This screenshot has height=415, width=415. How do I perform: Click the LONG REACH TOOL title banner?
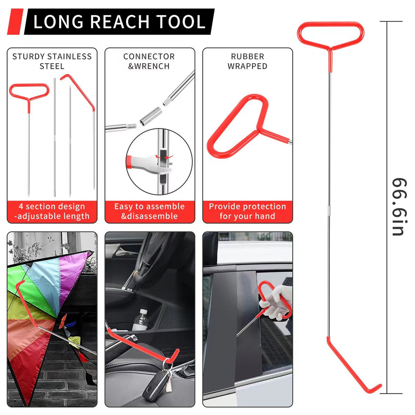pos(119,22)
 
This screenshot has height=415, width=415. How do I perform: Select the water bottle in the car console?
pos(141,320)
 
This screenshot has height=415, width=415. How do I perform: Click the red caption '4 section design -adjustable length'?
pos(52,212)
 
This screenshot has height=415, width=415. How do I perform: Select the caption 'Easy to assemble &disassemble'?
pos(150,212)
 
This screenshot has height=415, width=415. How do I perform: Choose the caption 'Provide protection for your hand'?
pos(247,212)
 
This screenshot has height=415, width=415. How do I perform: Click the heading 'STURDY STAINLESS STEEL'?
pos(52,61)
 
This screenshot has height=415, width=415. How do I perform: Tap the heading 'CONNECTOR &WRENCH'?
pos(149,61)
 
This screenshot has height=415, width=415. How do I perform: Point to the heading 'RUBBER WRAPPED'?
pos(247,61)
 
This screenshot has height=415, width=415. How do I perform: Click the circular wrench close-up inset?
pos(159,161)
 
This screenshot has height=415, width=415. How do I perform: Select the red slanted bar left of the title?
pos(15,22)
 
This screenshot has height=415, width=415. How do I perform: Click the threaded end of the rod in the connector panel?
pos(130,126)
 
